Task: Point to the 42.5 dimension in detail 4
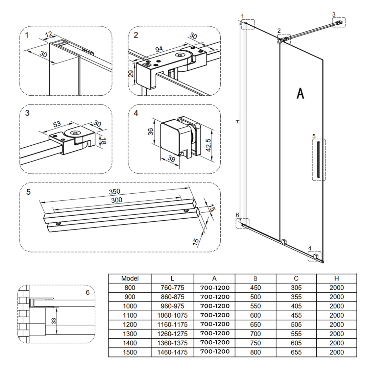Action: click(x=209, y=145)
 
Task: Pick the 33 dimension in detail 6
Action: click(x=53, y=321)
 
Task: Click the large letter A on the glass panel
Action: click(x=300, y=93)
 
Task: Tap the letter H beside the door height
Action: click(x=238, y=122)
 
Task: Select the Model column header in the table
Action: click(x=130, y=278)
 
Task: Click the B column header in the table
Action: click(x=255, y=278)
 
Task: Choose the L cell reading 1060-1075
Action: click(x=172, y=315)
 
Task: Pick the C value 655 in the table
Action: click(x=296, y=352)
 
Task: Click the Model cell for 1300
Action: click(x=130, y=334)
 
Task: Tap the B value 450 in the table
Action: click(x=255, y=288)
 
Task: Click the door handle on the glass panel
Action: click(x=318, y=160)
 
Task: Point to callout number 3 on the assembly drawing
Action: click(x=334, y=14)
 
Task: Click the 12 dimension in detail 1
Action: click(x=49, y=34)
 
